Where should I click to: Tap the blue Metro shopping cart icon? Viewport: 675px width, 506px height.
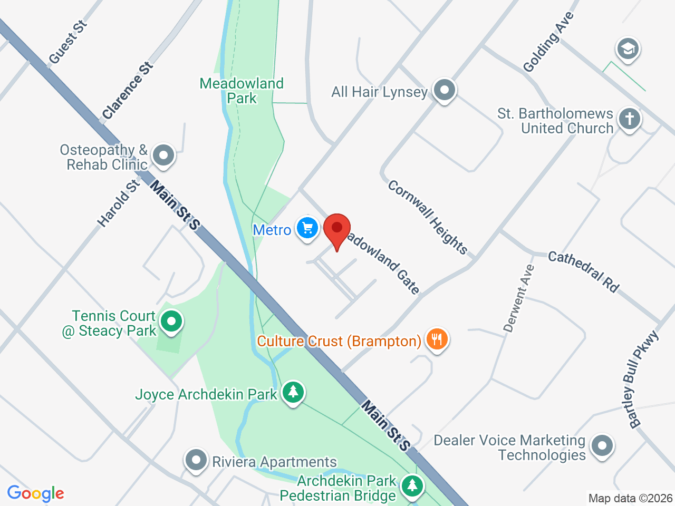click(x=307, y=228)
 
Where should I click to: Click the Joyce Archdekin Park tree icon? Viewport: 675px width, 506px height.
click(x=293, y=392)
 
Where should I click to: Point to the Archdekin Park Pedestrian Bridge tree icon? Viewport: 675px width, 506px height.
click(x=412, y=485)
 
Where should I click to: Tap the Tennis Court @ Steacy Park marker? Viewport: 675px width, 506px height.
click(x=171, y=322)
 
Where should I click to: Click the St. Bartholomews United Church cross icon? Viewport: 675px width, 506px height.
click(x=629, y=119)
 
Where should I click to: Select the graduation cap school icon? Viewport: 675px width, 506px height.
click(x=628, y=49)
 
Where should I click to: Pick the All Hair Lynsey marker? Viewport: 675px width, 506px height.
click(x=444, y=90)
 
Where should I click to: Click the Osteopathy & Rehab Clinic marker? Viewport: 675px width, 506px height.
click(x=163, y=155)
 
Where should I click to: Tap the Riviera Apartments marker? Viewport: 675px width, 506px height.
click(x=196, y=460)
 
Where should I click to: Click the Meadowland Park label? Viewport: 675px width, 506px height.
click(x=242, y=91)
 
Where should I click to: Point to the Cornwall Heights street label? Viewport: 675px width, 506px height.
click(x=427, y=217)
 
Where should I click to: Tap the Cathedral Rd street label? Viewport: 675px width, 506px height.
click(x=583, y=271)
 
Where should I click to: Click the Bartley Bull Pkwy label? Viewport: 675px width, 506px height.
click(x=642, y=379)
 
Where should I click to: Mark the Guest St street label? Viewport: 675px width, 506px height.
click(x=67, y=42)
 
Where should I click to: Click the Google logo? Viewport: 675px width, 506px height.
click(x=35, y=494)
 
